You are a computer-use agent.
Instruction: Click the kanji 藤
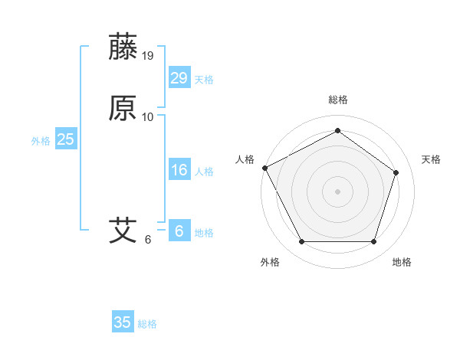click(123, 47)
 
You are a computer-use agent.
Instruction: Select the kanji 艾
click(123, 230)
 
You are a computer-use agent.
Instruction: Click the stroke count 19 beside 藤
click(149, 55)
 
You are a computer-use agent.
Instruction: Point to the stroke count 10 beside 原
click(148, 117)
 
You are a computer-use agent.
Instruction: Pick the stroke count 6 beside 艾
click(148, 239)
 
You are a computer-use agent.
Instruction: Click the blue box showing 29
click(179, 78)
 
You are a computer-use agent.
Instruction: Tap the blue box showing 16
click(179, 170)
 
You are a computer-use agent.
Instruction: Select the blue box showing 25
click(66, 139)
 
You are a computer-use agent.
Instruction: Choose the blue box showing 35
click(123, 322)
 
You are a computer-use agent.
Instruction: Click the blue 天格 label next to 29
click(204, 80)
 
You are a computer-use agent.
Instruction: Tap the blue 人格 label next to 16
click(204, 172)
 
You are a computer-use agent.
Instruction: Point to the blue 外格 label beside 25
click(41, 141)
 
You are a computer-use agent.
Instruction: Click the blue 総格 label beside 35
click(147, 324)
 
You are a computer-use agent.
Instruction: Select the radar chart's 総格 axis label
click(337, 100)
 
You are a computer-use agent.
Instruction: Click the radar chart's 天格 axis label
click(431, 159)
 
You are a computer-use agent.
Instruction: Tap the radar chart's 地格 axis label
click(402, 262)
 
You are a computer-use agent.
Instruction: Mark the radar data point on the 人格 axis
click(264, 168)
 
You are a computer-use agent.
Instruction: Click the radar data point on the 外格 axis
click(301, 242)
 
